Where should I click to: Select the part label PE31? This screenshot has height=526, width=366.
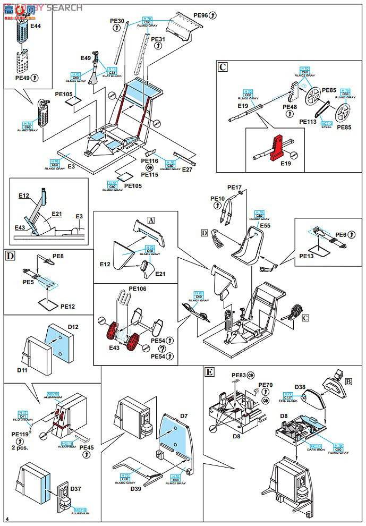[x=158, y=39]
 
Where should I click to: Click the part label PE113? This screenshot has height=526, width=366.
[x=308, y=122]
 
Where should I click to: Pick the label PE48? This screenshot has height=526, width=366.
[x=290, y=107]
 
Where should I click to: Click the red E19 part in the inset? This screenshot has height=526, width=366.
[x=277, y=148]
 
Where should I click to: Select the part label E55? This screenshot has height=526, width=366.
[x=266, y=225]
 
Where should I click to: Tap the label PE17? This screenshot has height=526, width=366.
[x=234, y=188]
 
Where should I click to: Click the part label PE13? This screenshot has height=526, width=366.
[x=307, y=256]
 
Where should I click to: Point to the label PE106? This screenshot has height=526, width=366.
[x=137, y=289]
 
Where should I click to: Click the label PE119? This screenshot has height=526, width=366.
[x=20, y=434]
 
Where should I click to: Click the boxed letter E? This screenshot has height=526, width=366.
[x=209, y=372]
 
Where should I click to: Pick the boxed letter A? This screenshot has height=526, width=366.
[x=151, y=219]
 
